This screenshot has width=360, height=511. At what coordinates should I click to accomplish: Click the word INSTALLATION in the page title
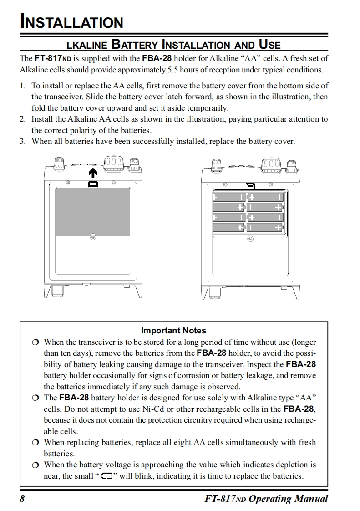(x=71, y=22)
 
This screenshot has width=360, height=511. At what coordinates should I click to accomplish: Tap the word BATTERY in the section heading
(x=134, y=45)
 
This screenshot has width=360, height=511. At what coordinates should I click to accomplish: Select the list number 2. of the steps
(x=23, y=119)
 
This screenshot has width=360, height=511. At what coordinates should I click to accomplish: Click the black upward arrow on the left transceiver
(x=93, y=173)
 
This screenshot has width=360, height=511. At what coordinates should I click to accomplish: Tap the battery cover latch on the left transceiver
(x=93, y=184)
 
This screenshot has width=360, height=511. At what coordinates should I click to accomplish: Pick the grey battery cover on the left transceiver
(x=93, y=212)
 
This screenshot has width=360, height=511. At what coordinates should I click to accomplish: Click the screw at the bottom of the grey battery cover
(x=93, y=237)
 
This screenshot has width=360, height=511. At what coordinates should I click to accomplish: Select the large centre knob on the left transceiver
(x=113, y=162)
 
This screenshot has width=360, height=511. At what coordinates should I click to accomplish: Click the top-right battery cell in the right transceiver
(x=265, y=197)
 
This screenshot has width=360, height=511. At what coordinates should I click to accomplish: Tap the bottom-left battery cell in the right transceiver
(x=229, y=227)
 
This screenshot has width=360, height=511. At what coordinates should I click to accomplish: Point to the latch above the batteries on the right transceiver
(x=250, y=186)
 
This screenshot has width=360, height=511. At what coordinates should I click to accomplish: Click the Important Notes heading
(x=173, y=331)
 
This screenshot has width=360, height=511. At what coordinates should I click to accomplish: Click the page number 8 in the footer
(x=22, y=498)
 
